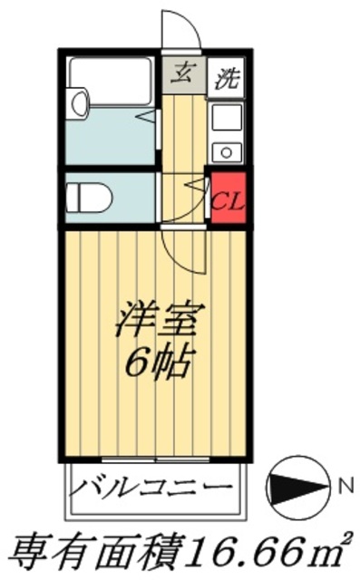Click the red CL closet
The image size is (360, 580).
(228, 197)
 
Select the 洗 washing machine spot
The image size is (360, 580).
(227, 78)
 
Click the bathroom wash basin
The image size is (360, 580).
(78, 101)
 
